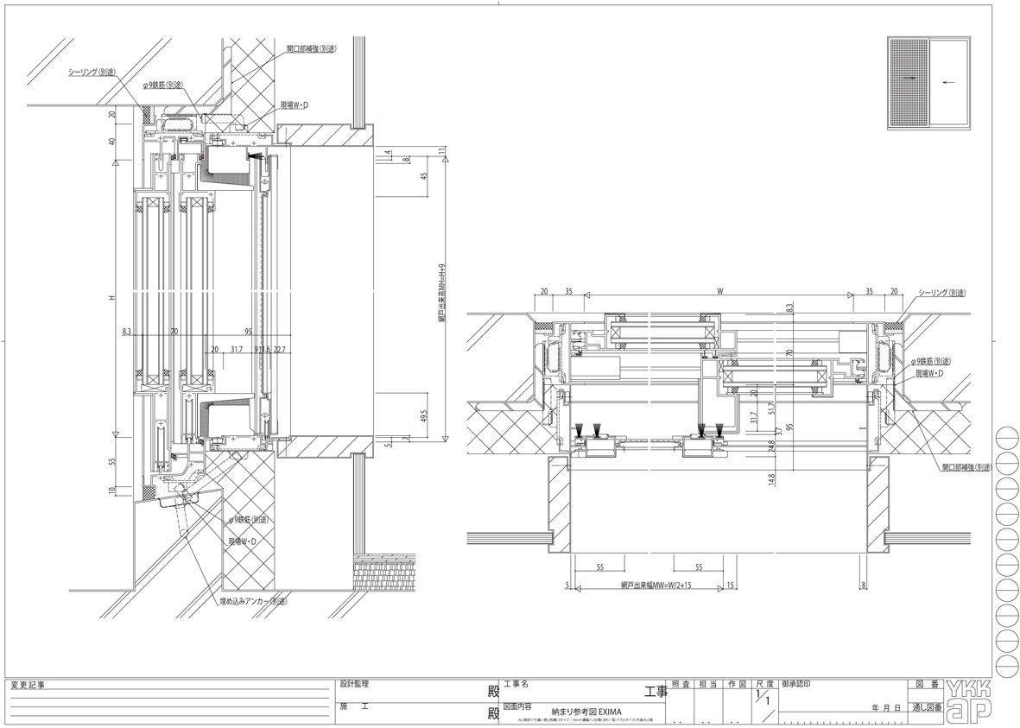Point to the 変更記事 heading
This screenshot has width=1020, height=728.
pos(28,685)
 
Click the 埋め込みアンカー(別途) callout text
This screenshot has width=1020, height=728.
pos(252,600)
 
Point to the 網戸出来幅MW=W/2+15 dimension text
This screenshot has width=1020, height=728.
pos(656,585)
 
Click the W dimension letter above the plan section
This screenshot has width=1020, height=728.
pos(719,292)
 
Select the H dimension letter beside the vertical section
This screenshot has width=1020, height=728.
pos(111,299)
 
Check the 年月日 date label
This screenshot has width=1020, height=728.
pos(887,707)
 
